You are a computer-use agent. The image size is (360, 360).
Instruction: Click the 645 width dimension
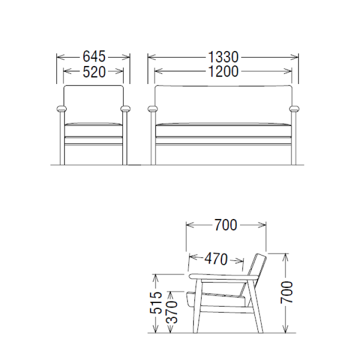[94, 56]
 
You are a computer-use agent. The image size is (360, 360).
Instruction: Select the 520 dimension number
[94, 72]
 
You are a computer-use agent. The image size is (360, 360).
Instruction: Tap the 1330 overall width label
[223, 57]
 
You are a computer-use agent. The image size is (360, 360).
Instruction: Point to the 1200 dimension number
[223, 71]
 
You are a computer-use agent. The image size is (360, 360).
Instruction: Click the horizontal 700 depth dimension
[225, 225]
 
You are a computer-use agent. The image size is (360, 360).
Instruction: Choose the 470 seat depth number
[216, 259]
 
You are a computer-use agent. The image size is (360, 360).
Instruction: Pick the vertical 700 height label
[287, 292]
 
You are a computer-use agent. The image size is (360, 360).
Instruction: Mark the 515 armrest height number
[156, 303]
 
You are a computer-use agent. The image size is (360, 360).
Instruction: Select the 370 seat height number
[171, 312]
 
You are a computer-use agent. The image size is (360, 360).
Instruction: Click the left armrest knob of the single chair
[61, 108]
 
